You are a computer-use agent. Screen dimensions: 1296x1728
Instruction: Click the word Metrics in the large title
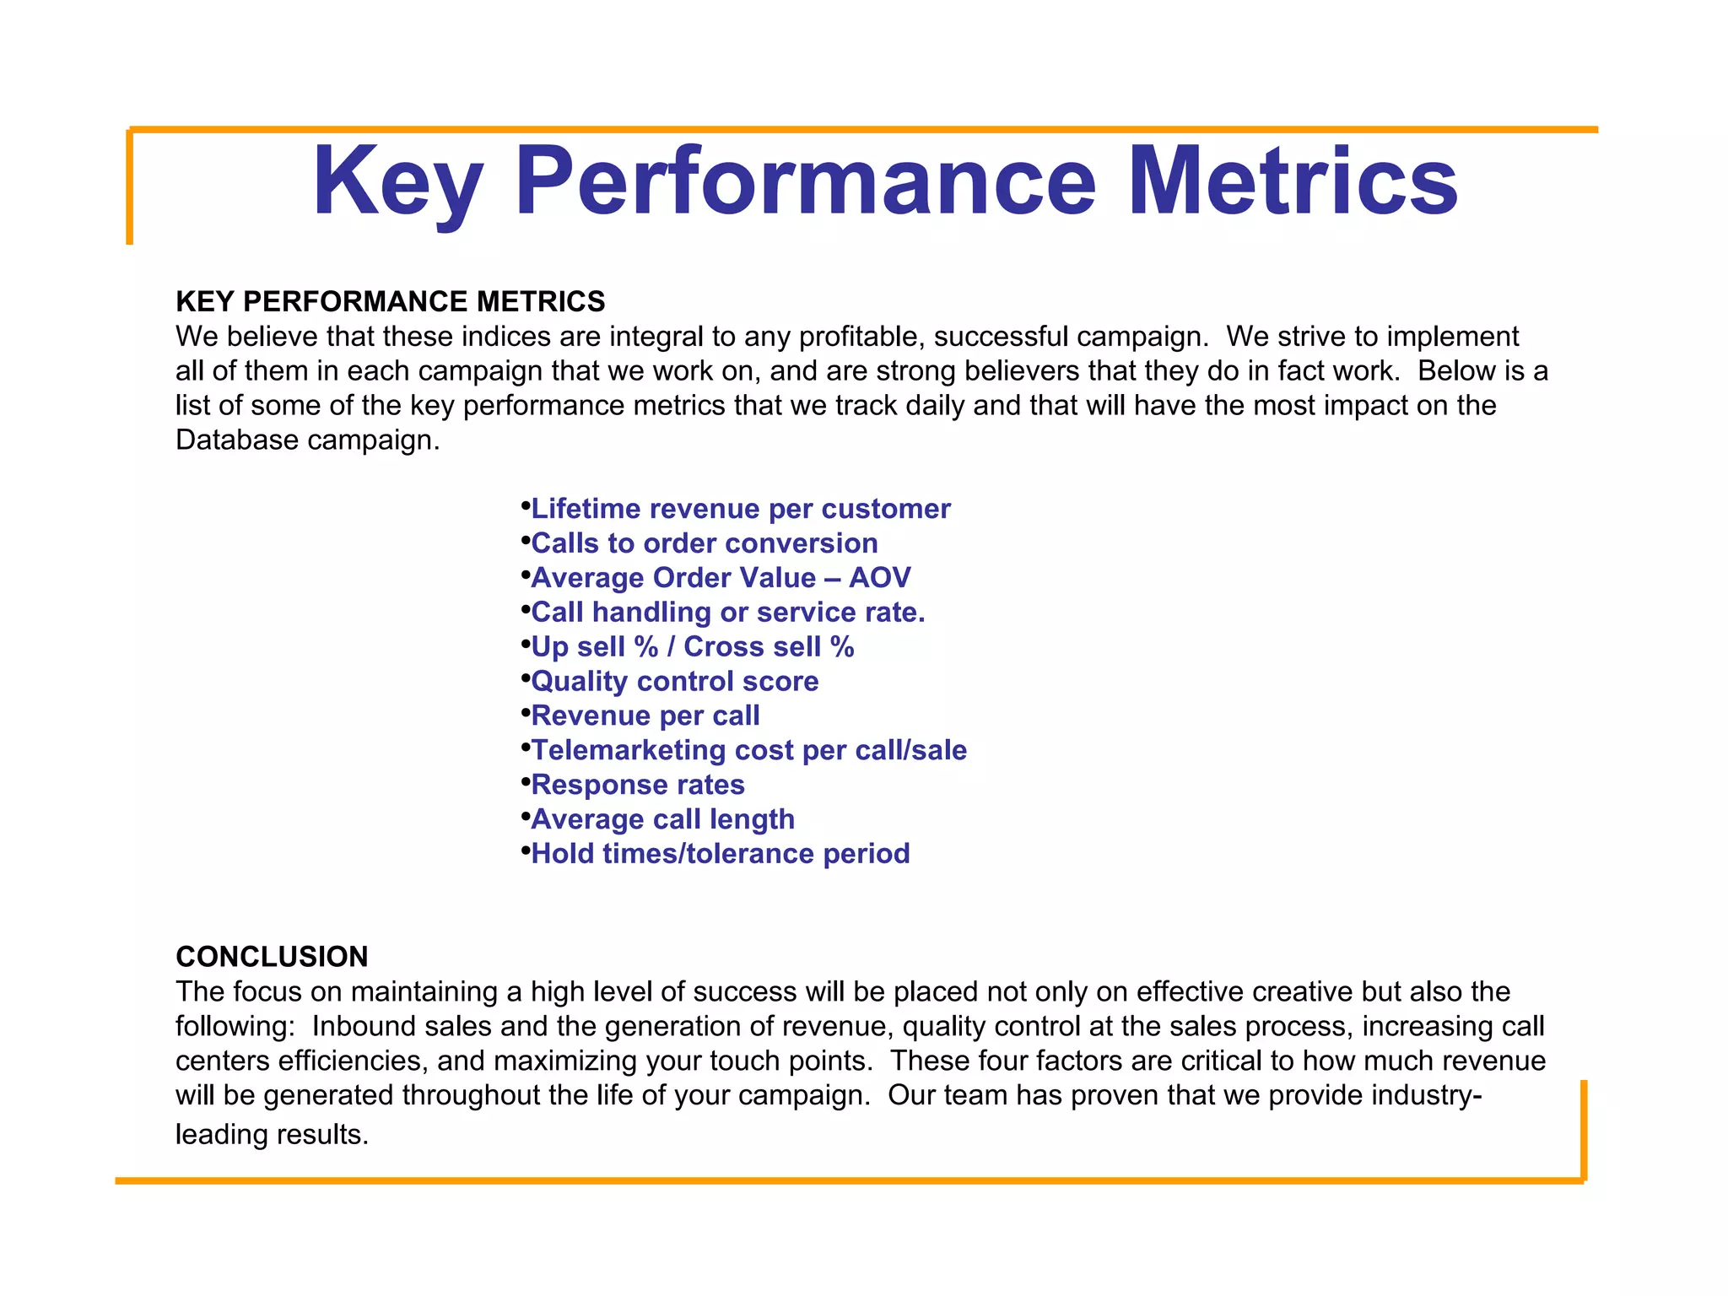click(x=1292, y=181)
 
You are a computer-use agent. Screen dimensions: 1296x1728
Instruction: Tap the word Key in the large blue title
click(x=397, y=181)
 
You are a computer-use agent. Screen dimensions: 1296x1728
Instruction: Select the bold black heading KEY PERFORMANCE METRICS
click(x=390, y=301)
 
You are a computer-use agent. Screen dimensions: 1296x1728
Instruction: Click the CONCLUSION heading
click(x=272, y=956)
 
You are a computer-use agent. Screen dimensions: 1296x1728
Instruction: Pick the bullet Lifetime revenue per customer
click(x=740, y=509)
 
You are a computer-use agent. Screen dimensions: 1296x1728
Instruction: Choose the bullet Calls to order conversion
click(x=704, y=543)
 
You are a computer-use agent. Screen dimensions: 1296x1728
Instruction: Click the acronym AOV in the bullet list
click(x=879, y=578)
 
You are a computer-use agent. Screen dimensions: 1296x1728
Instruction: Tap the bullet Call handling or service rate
click(x=727, y=613)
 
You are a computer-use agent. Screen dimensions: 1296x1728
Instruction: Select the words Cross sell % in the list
click(x=769, y=647)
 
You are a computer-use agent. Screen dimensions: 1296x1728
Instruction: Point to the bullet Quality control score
click(x=674, y=682)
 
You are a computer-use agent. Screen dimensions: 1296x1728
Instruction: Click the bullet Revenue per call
click(x=645, y=716)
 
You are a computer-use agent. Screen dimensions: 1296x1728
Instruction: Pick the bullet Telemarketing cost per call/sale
click(x=748, y=751)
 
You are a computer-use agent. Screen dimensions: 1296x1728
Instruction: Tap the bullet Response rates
click(x=637, y=786)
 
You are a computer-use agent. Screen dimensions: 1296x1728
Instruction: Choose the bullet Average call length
click(x=662, y=820)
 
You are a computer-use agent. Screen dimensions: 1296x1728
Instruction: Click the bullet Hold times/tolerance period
click(x=720, y=854)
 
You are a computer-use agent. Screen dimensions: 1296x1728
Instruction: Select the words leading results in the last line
click(x=272, y=1134)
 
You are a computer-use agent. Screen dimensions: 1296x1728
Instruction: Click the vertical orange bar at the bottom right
click(x=1584, y=1129)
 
